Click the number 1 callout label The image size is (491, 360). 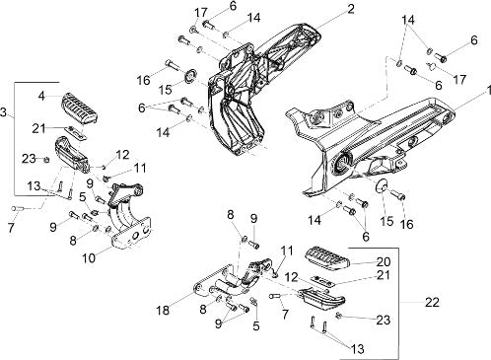pos(488,90)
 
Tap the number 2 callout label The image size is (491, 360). pos(350,9)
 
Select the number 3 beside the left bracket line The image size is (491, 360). pos(3,112)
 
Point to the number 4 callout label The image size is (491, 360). pos(41,96)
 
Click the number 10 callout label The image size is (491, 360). pos(89,258)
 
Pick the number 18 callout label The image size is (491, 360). pos(164,310)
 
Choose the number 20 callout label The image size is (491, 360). pos(384,262)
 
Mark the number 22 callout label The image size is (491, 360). pos(432,303)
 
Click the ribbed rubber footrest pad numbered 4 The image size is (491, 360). pos(80,108)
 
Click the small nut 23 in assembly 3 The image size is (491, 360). pos(46,160)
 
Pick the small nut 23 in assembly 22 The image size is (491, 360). pos(339,316)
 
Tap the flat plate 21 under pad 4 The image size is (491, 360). pos(75,132)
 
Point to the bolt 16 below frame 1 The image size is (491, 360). pos(397,194)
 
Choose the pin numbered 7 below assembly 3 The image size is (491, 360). pos(17,208)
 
